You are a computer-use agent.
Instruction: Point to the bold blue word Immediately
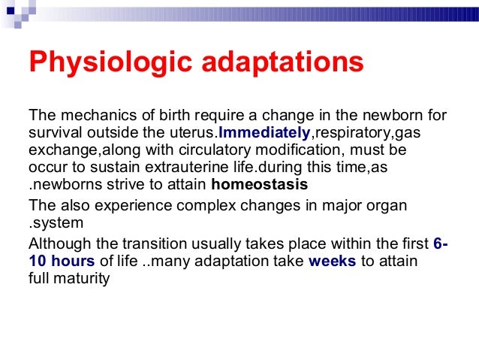pos(264,133)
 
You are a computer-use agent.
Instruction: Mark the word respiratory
pos(348,133)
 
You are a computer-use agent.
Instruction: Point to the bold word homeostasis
pos(260,184)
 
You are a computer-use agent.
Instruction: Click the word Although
pos(56,244)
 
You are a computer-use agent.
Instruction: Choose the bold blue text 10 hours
pos(62,261)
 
